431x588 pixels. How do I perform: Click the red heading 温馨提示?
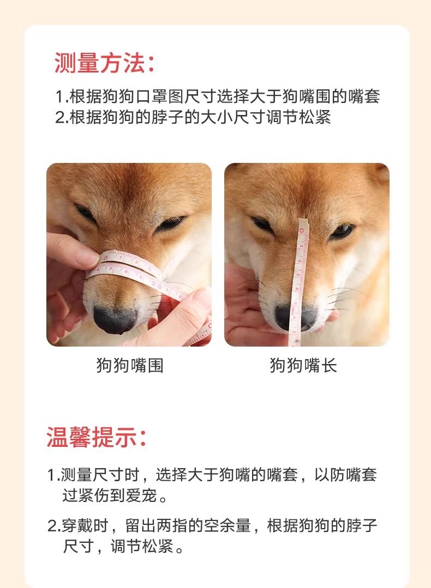91,437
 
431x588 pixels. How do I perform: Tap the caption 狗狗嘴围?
130,365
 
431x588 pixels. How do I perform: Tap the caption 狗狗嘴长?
303,365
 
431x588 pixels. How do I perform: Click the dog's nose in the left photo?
115,320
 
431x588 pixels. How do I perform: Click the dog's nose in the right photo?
296,317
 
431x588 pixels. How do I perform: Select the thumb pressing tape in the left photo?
71,251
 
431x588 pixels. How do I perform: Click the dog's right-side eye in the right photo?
342,231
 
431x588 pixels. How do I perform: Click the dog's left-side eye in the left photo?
85,212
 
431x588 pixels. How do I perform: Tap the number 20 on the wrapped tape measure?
157,286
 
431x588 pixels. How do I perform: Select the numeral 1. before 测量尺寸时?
53,475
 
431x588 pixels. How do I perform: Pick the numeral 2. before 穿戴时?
53,526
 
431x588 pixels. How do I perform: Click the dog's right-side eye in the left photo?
171,223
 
